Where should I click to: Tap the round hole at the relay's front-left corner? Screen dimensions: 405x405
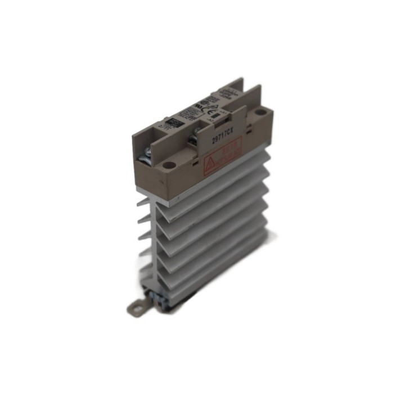coord(168,167)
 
